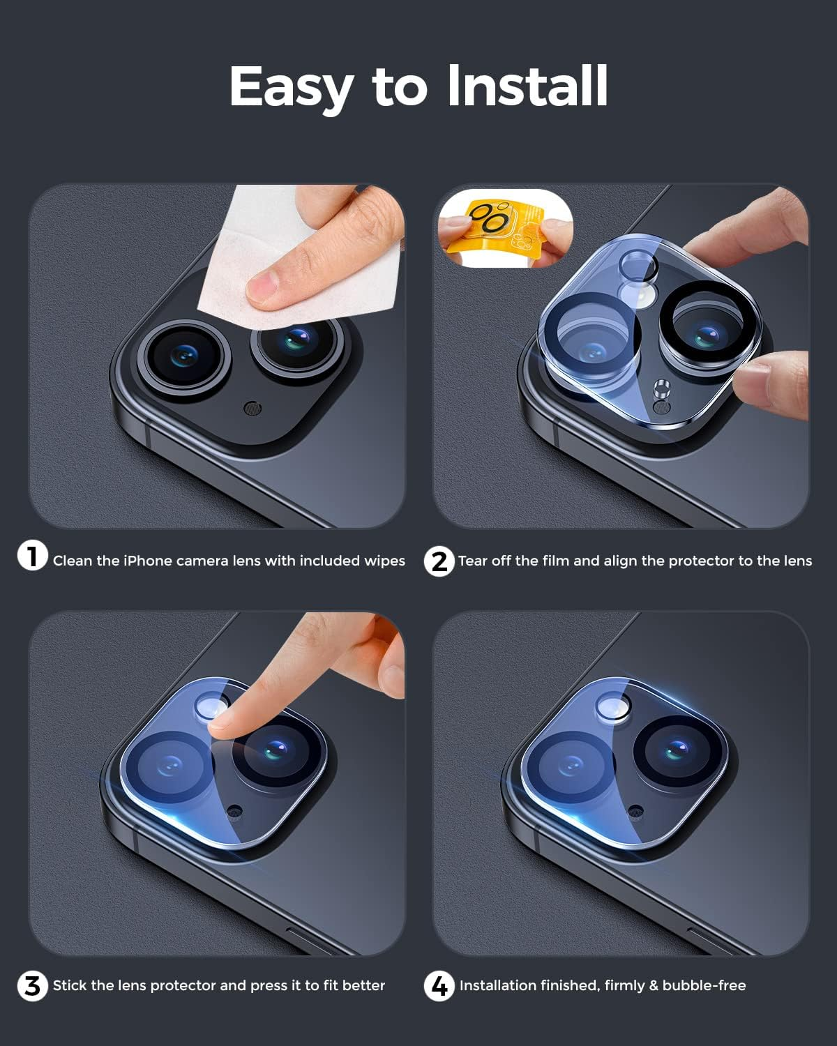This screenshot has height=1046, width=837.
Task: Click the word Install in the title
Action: [x=527, y=86]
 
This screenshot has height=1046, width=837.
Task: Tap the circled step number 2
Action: [x=439, y=561]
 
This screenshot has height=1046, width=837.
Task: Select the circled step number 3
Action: [x=32, y=986]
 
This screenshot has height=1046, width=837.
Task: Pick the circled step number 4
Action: [x=439, y=986]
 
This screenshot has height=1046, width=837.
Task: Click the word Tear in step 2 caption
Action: [x=473, y=561]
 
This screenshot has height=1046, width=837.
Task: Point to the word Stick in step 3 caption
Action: [x=70, y=985]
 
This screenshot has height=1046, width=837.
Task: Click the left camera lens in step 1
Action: [x=183, y=356]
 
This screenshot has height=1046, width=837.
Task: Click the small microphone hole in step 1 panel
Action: [x=253, y=409]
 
